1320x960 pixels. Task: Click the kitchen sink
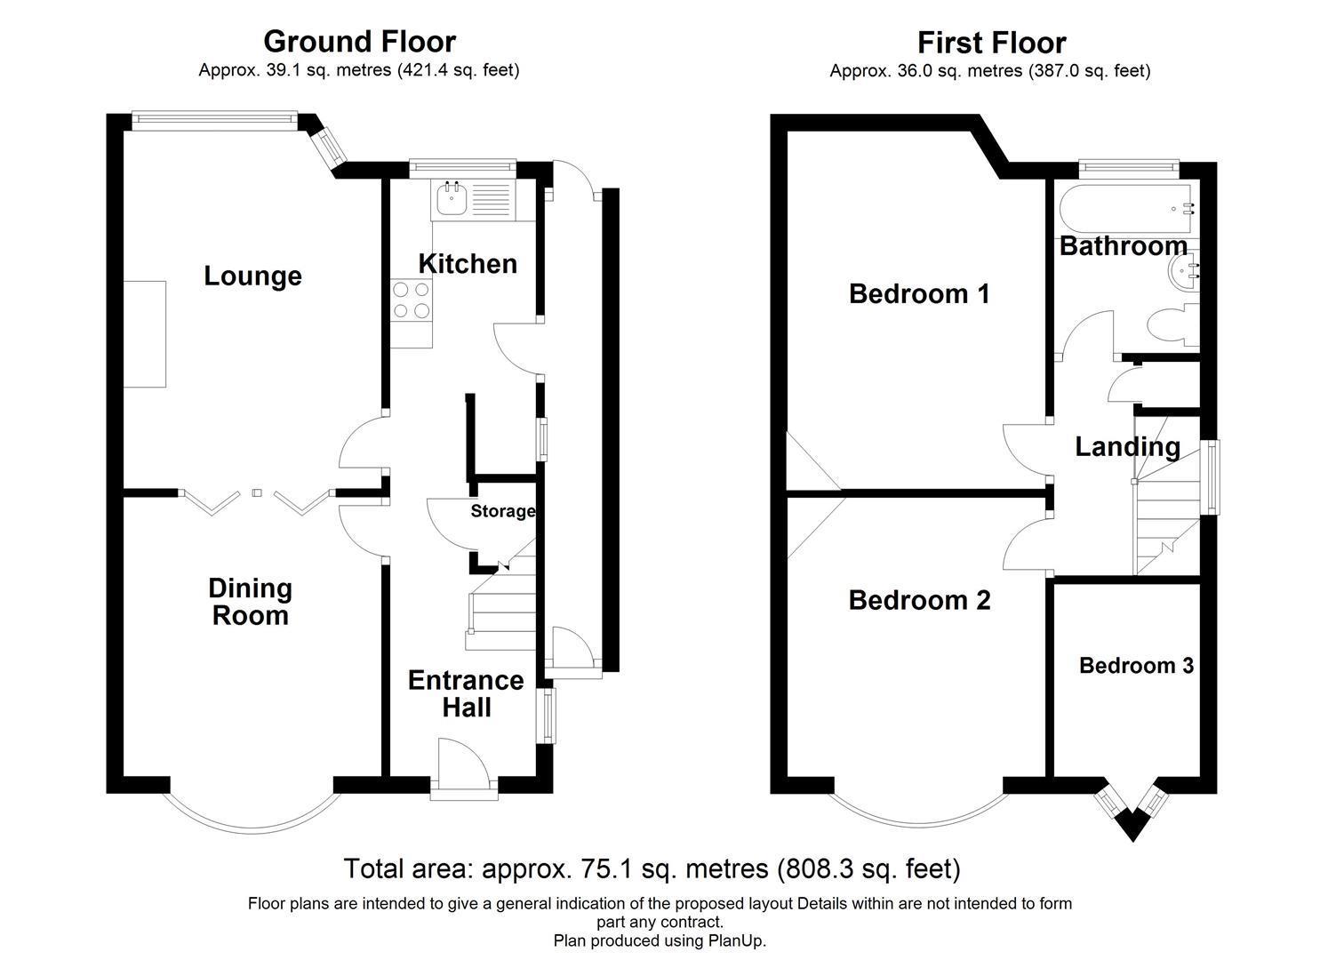[x=450, y=200]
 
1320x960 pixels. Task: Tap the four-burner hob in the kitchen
[x=411, y=299]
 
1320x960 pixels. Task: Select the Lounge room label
[x=252, y=276]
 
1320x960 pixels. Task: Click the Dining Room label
[x=250, y=602]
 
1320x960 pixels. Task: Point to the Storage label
[x=502, y=511]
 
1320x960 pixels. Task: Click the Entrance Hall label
[x=466, y=694]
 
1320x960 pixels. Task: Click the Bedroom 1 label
[x=919, y=293]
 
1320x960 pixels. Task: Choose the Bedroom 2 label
[x=919, y=600]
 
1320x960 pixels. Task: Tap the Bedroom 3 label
[x=1135, y=666]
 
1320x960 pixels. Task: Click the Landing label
[x=1127, y=446]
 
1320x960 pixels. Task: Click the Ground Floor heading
[x=359, y=42]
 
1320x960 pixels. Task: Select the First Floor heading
[x=991, y=43]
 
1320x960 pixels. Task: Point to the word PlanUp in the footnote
[x=735, y=940]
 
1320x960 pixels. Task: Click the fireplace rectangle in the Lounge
[x=144, y=333]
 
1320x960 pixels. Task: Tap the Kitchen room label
[x=468, y=264]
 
